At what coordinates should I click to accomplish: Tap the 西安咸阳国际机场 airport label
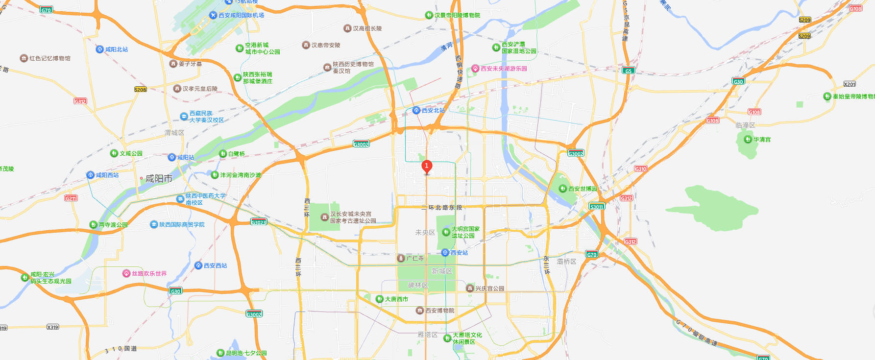pyautogui.click(x=241, y=15)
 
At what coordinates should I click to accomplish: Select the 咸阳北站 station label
pyautogui.click(x=116, y=49)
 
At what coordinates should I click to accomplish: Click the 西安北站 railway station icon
pyautogui.click(x=416, y=110)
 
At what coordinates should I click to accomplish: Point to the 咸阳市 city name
pyautogui.click(x=159, y=179)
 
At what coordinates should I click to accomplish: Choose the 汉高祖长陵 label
pyautogui.click(x=367, y=28)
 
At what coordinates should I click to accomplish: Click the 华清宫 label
pyautogui.click(x=762, y=140)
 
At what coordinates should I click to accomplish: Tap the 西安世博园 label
pyautogui.click(x=583, y=189)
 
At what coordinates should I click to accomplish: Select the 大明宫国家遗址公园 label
pyautogui.click(x=465, y=232)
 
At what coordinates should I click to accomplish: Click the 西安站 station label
pyautogui.click(x=459, y=253)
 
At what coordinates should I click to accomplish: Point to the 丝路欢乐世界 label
pyautogui.click(x=149, y=273)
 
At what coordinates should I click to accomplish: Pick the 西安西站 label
pyautogui.click(x=215, y=265)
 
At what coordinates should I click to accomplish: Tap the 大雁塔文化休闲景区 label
pyautogui.click(x=467, y=338)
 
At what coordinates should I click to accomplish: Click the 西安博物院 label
pyautogui.click(x=439, y=311)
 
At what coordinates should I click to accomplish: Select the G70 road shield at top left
pyautogui.click(x=46, y=10)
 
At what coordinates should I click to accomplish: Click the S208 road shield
pyautogui.click(x=140, y=89)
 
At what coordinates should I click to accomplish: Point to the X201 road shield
pyautogui.click(x=850, y=84)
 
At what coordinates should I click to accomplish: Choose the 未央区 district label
pyautogui.click(x=425, y=232)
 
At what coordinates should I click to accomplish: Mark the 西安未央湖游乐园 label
pyautogui.click(x=504, y=69)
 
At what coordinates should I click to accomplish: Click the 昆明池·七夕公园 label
pyautogui.click(x=246, y=353)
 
